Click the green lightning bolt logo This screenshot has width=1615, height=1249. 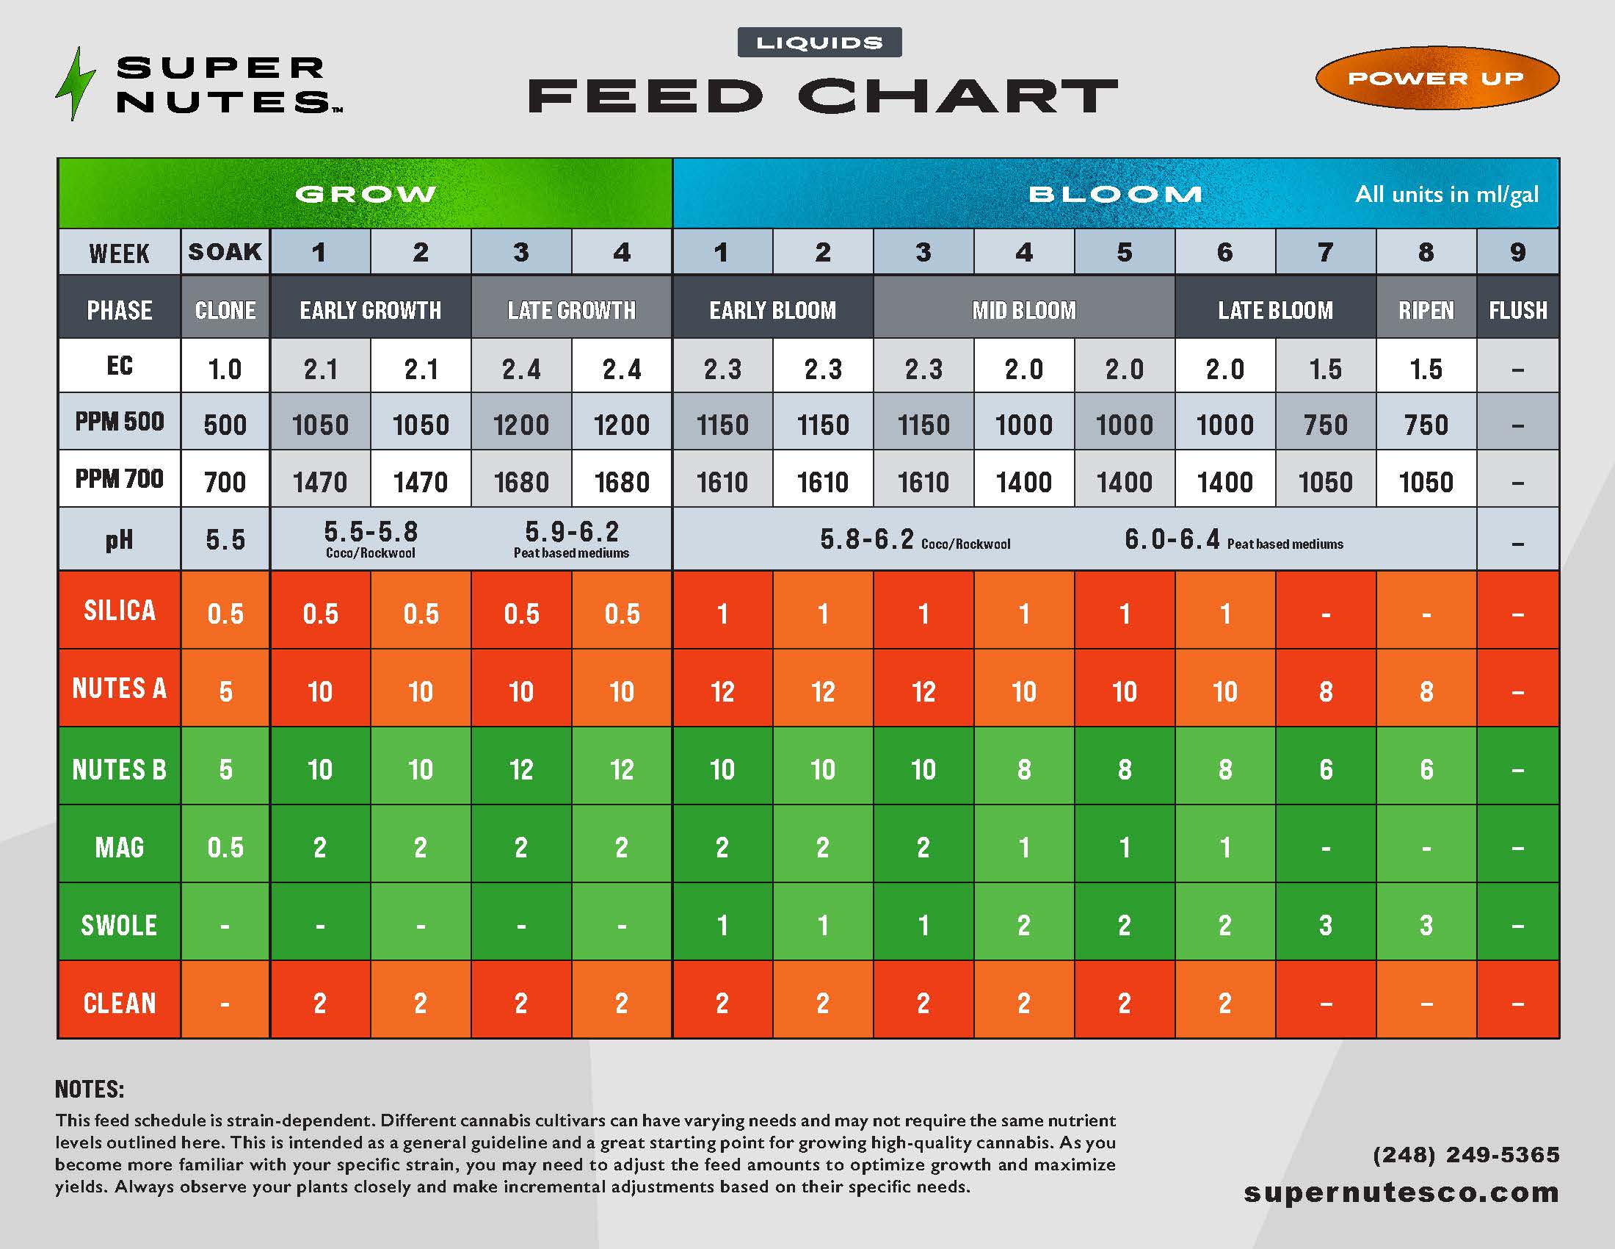(x=76, y=84)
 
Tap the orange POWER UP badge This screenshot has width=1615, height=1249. (x=1436, y=78)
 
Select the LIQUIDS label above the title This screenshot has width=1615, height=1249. (x=819, y=43)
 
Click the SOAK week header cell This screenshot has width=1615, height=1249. (x=225, y=251)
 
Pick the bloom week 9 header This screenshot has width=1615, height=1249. (x=1517, y=252)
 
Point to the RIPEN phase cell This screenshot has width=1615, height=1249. (x=1426, y=310)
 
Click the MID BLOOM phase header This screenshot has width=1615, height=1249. (x=1023, y=310)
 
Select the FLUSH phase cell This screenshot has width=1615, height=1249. (x=1517, y=310)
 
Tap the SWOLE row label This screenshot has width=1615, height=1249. (x=119, y=925)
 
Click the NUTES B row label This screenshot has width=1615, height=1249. (x=119, y=769)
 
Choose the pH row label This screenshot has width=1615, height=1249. (x=119, y=539)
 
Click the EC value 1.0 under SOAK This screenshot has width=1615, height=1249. (x=225, y=369)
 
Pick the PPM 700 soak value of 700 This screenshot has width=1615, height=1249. (x=225, y=483)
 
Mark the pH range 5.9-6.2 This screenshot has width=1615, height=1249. (x=572, y=532)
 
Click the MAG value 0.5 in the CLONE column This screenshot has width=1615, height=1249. (x=225, y=847)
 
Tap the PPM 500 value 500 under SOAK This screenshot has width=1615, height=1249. (x=225, y=425)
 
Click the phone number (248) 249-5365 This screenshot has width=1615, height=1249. (x=1466, y=1154)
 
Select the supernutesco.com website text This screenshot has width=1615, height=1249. (x=1401, y=1192)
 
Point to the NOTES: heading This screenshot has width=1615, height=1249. (x=90, y=1089)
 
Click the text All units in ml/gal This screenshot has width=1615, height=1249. (x=1445, y=195)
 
